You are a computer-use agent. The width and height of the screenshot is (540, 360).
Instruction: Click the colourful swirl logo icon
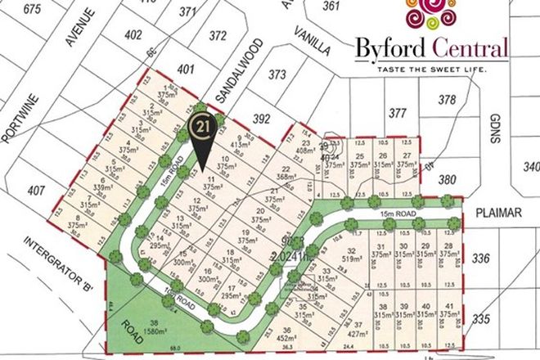(434, 17)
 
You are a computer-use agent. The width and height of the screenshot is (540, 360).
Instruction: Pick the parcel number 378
(447, 100)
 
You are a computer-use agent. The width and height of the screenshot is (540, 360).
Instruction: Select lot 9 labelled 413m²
(238, 142)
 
